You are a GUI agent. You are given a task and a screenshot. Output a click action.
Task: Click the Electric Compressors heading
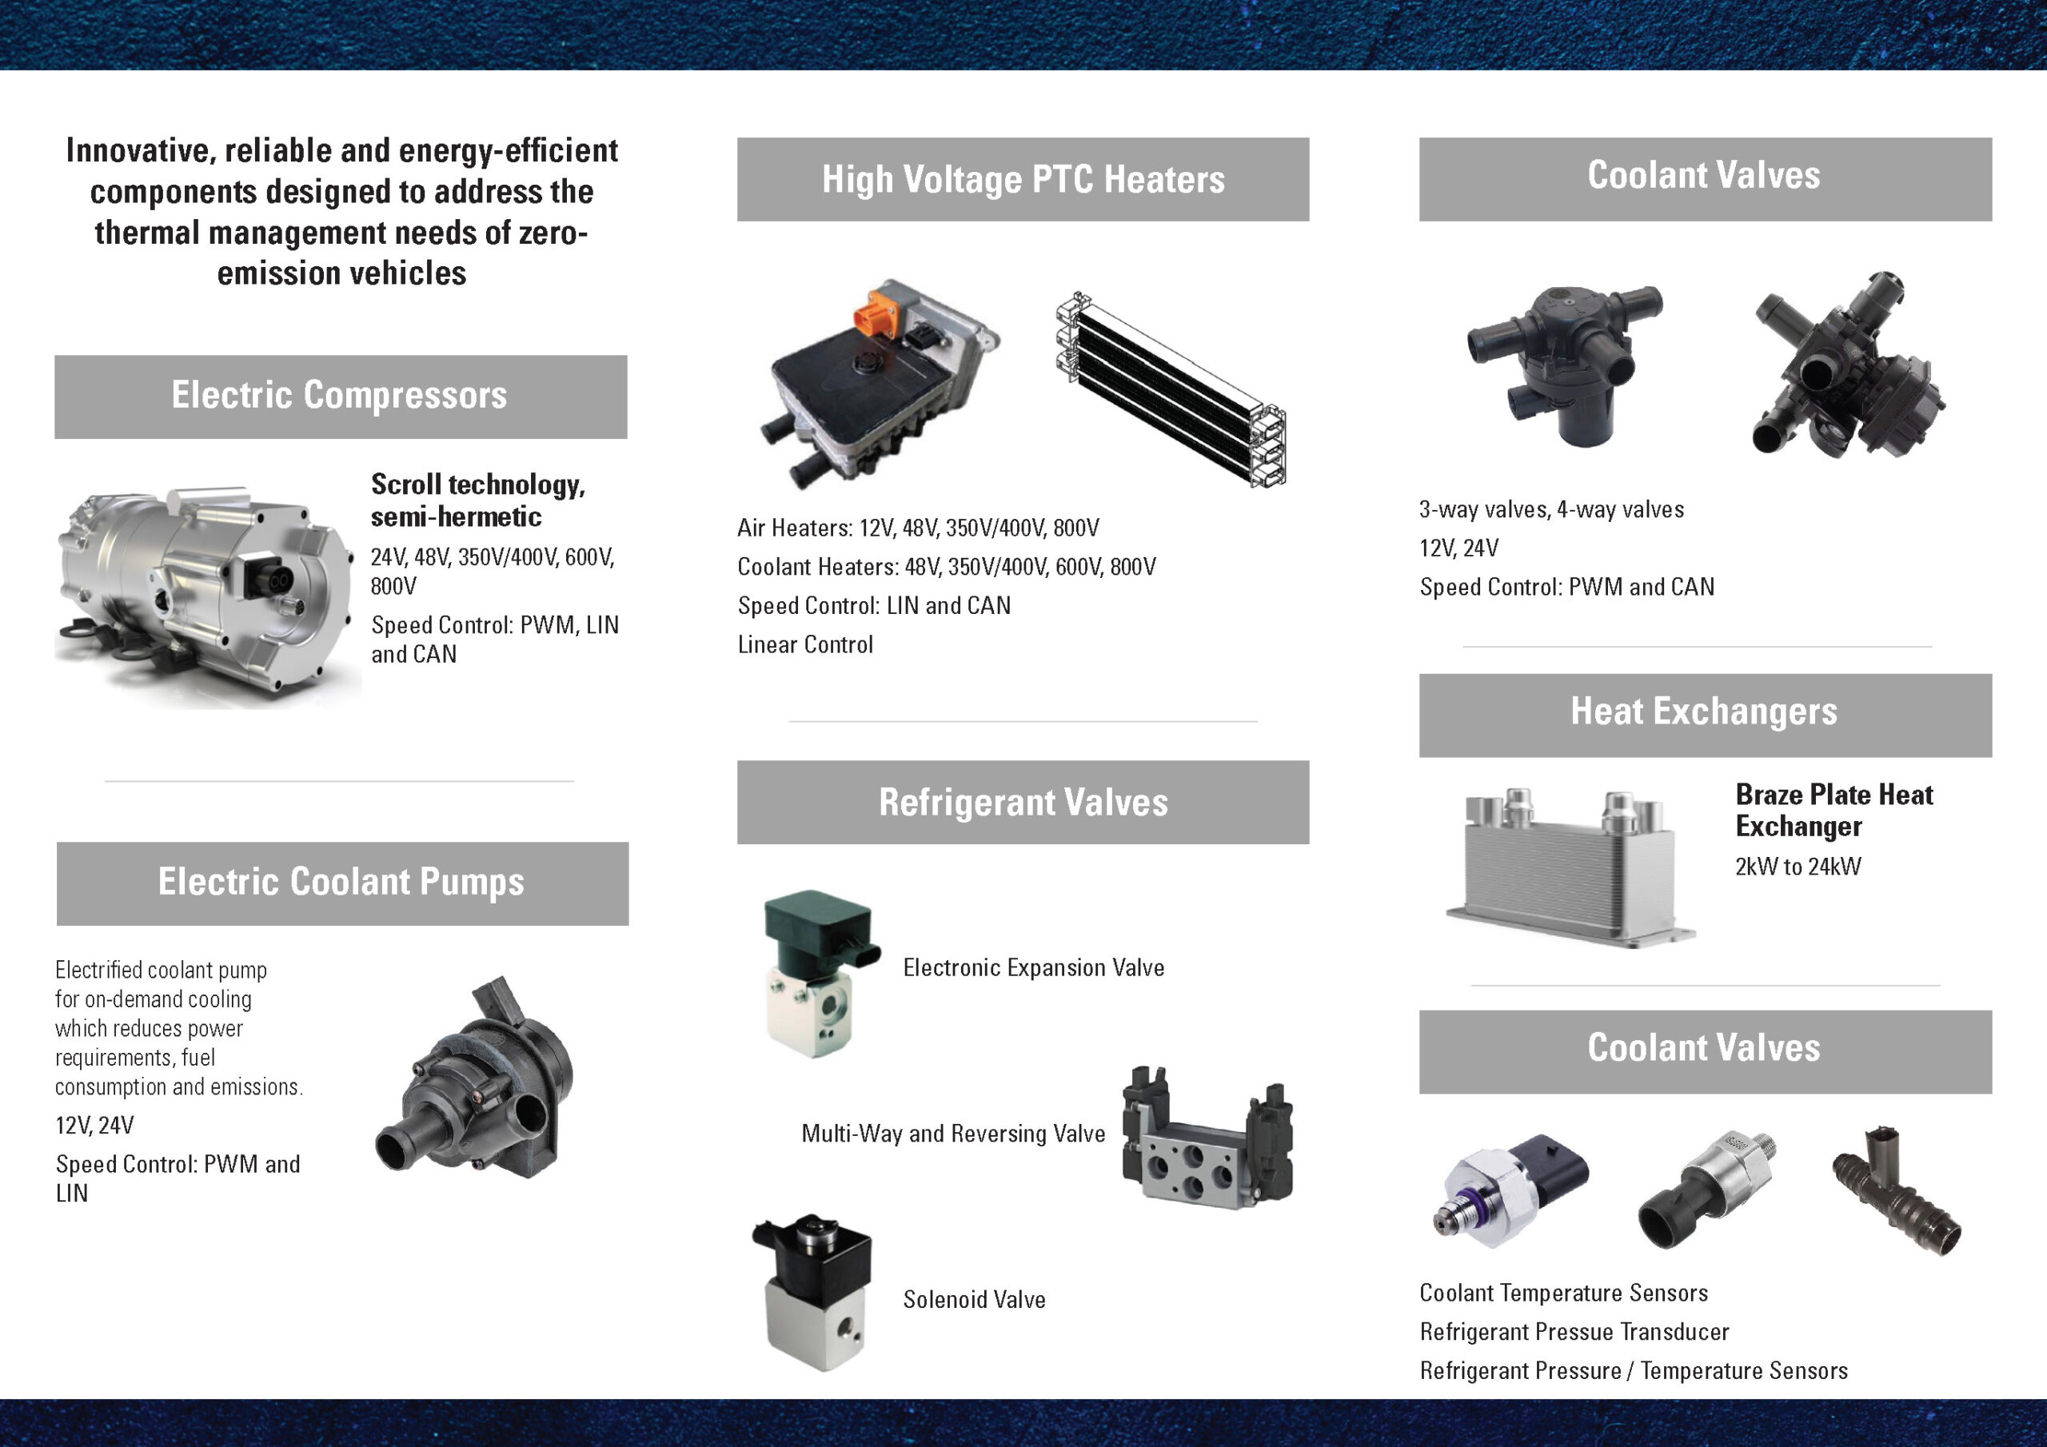pyautogui.click(x=339, y=395)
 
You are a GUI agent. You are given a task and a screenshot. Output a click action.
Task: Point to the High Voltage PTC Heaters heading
pyautogui.click(x=1023, y=179)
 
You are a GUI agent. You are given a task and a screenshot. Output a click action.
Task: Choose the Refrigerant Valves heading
pyautogui.click(x=1023, y=803)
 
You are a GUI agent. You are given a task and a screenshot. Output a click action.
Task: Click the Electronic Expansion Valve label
pyautogui.click(x=1033, y=968)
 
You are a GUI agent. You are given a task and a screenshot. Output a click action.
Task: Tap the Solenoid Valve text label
pyautogui.click(x=975, y=1300)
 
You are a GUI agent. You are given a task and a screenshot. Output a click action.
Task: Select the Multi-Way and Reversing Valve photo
pyautogui.click(x=1207, y=1138)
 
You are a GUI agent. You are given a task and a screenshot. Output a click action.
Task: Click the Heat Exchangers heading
pyautogui.click(x=1704, y=712)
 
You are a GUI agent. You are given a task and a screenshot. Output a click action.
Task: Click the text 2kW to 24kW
pyautogui.click(x=1798, y=867)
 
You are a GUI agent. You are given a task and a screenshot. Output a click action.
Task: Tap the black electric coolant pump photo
pyautogui.click(x=474, y=1078)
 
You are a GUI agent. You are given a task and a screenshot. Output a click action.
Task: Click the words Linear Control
pyautogui.click(x=805, y=644)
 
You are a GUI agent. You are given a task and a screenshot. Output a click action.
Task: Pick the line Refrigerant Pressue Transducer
pyautogui.click(x=1574, y=1332)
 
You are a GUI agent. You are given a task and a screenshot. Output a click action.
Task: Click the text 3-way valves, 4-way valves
pyautogui.click(x=1551, y=510)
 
